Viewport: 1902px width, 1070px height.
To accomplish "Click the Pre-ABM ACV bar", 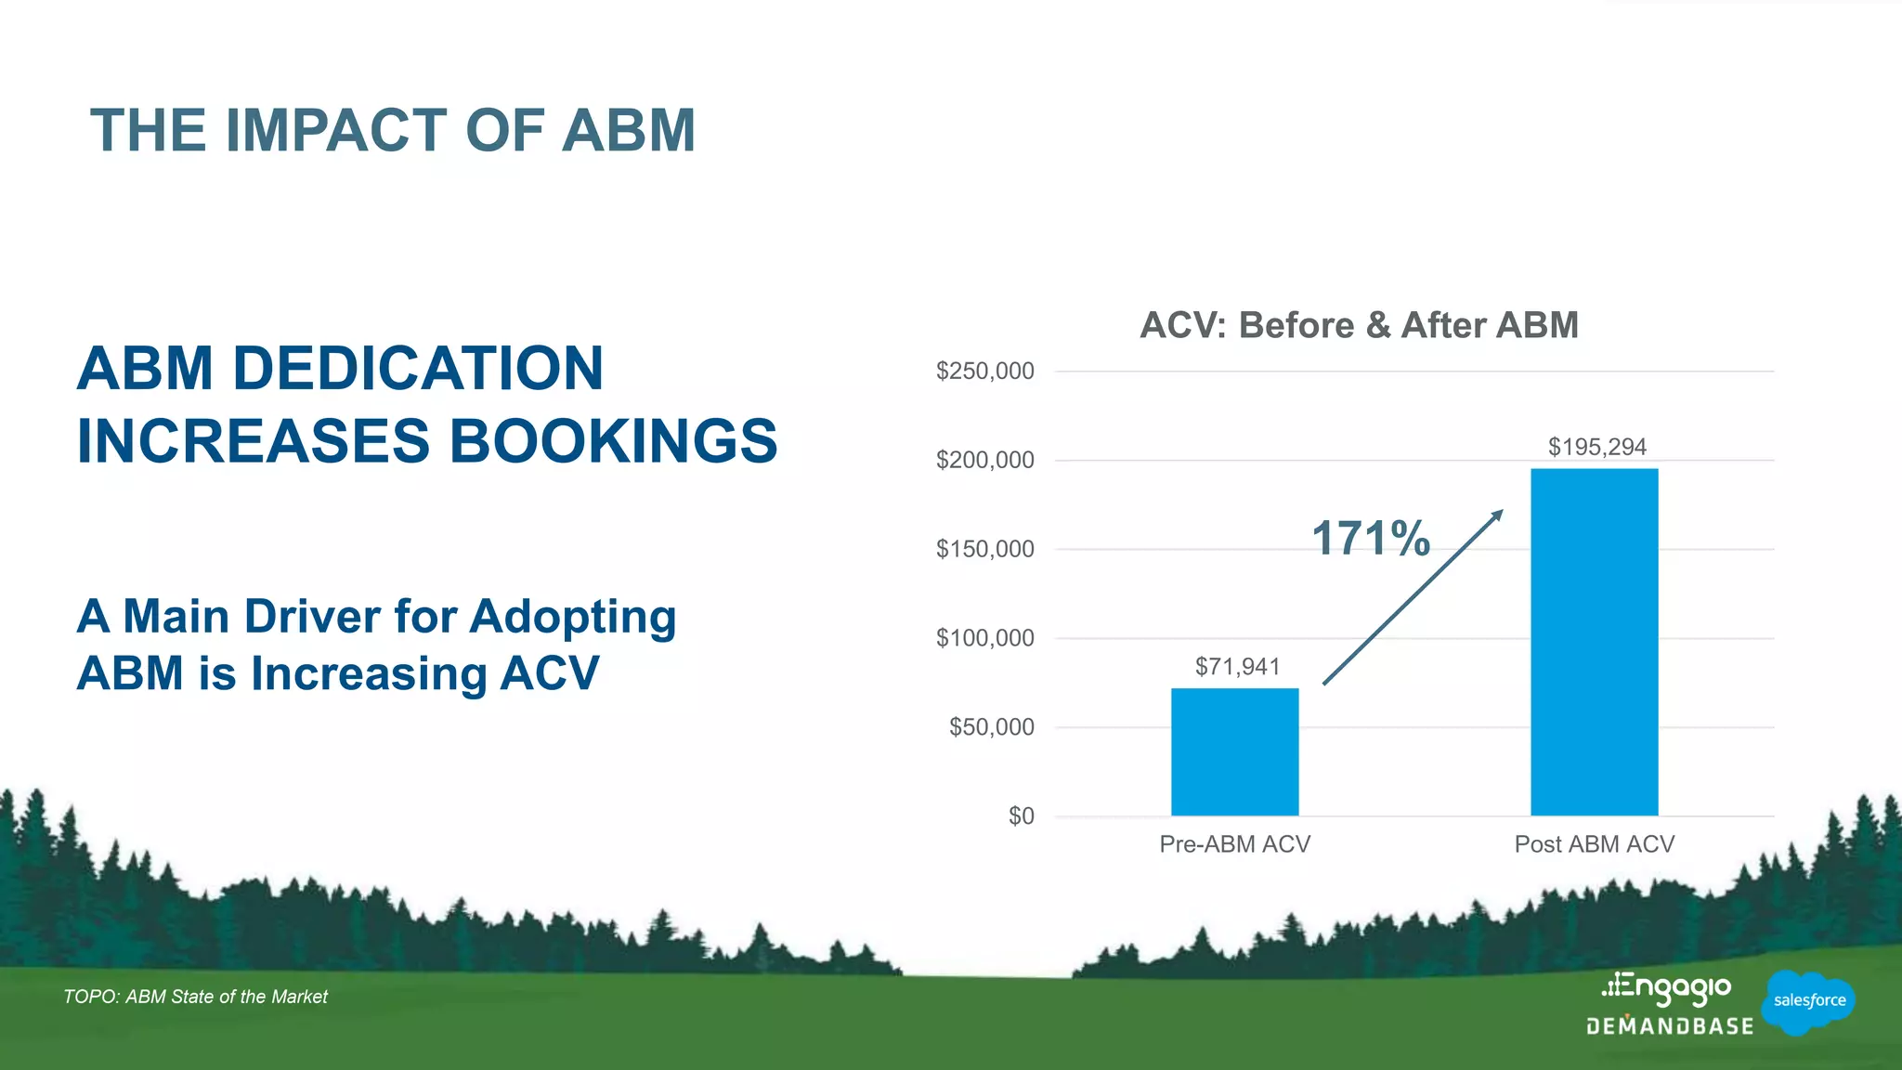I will click(1234, 751).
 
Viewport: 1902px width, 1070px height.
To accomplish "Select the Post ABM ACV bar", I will click(1594, 642).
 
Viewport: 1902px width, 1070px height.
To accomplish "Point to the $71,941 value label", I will click(1237, 667).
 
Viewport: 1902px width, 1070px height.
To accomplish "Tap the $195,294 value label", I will click(1596, 447).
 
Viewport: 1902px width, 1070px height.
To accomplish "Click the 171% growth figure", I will click(1371, 539).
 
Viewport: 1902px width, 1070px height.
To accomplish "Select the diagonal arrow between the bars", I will click(1412, 597).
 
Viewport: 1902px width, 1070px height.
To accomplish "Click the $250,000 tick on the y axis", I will click(984, 372).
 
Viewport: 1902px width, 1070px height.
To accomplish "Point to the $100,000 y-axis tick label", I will click(984, 638).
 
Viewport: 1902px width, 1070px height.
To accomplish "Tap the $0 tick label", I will click(1021, 816).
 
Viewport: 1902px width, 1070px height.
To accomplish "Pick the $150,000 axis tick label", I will click(984, 549).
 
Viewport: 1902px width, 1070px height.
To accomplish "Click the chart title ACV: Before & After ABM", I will click(1359, 325).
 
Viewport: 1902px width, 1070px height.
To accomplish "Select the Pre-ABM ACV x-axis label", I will click(1234, 844).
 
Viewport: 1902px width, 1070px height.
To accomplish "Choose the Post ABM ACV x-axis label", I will click(1594, 844).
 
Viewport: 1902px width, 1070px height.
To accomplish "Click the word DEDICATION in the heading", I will click(417, 368).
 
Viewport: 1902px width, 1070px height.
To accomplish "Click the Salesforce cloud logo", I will click(1808, 1000).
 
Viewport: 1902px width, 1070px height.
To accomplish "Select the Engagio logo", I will click(1667, 988).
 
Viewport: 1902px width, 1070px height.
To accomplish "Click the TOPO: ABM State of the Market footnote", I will click(195, 997).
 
